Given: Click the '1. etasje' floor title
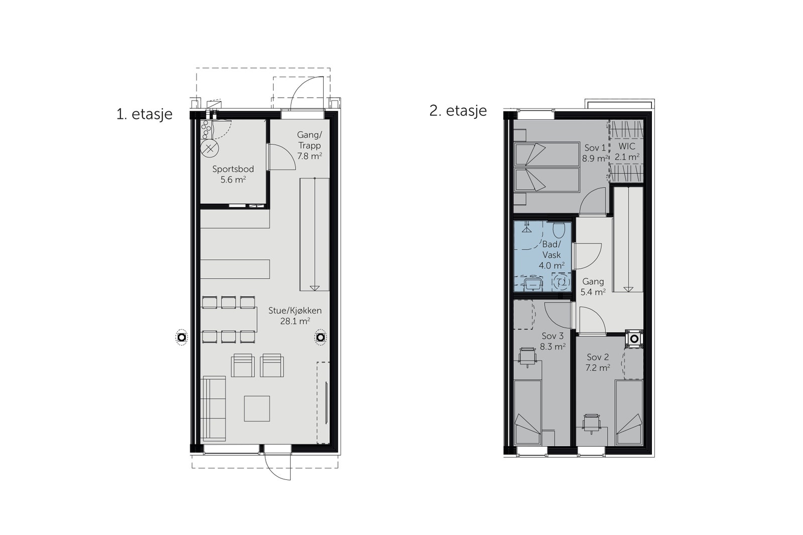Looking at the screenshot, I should [x=145, y=114].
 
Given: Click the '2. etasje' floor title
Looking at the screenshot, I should [x=458, y=111].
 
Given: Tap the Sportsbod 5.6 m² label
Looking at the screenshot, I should [x=233, y=174].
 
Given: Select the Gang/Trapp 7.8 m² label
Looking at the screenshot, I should [x=309, y=145].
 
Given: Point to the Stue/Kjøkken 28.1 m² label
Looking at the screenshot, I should [x=295, y=316].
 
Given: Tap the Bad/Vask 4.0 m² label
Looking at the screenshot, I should [x=551, y=255].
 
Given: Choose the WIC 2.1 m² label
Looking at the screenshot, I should [x=627, y=151].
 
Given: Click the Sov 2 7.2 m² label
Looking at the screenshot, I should [x=598, y=362].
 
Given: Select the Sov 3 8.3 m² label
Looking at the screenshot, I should [x=553, y=341].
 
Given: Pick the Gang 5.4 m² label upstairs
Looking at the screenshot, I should [x=593, y=286].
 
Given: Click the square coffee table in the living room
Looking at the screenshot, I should [x=257, y=408].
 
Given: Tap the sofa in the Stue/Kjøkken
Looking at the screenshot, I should [x=214, y=409].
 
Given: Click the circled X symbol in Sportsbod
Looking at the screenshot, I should [x=210, y=148].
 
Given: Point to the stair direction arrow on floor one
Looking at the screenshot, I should [x=315, y=287].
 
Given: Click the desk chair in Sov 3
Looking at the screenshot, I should [x=527, y=357].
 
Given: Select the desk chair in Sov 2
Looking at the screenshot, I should [x=592, y=423].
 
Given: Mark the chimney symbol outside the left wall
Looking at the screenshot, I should [x=182, y=337].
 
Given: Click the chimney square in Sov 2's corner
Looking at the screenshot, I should [x=635, y=338].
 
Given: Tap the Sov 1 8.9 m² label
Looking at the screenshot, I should [x=595, y=153].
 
